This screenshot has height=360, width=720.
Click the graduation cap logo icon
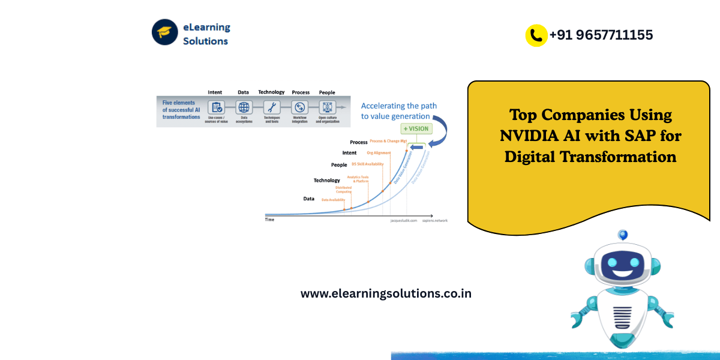[x=165, y=32]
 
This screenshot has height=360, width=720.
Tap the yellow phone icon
[x=536, y=35]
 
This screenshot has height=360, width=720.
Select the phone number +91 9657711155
[x=601, y=35]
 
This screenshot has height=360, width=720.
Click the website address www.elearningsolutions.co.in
[x=386, y=293]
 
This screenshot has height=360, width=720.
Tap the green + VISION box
[x=416, y=128]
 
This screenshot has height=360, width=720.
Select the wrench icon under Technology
[x=271, y=107]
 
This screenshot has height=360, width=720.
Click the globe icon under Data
[x=244, y=107]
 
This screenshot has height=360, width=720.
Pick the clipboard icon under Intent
[x=215, y=107]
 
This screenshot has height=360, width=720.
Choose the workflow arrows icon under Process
[x=299, y=107]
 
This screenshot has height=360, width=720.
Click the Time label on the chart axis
[x=270, y=220]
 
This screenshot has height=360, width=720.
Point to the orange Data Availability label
[x=334, y=199]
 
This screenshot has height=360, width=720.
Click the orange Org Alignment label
[x=379, y=153]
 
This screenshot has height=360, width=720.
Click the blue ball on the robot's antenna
[x=623, y=235]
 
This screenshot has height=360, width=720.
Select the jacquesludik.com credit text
[x=403, y=220]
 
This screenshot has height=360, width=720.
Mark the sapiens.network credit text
[x=435, y=220]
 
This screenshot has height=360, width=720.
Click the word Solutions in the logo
[x=205, y=41]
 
